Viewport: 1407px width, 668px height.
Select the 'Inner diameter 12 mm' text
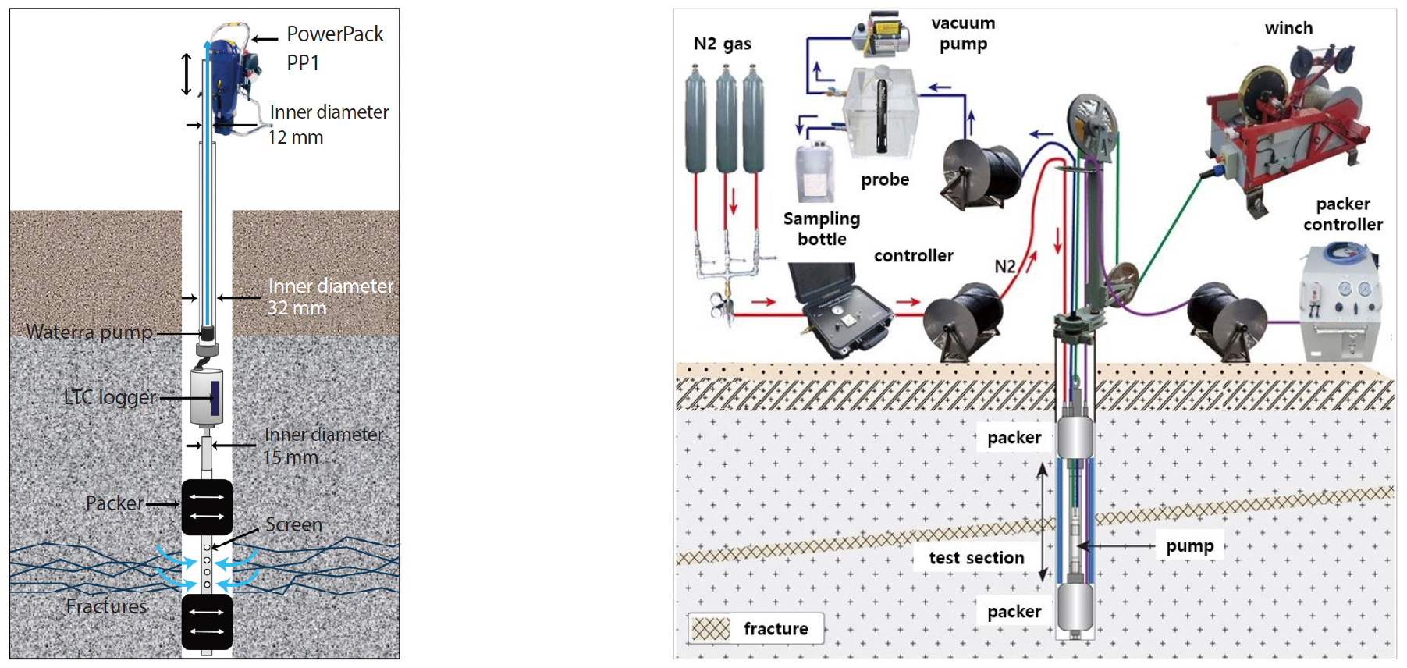click(x=328, y=124)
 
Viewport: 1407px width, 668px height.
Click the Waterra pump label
click(x=89, y=332)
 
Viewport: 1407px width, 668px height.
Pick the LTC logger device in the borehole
click(x=207, y=396)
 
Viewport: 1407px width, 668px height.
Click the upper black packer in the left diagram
click(x=207, y=506)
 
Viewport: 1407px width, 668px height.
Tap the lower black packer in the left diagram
click(x=207, y=621)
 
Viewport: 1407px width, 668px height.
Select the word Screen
click(x=293, y=524)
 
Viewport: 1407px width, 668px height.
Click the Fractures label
click(x=106, y=606)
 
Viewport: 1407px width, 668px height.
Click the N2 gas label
click(x=722, y=44)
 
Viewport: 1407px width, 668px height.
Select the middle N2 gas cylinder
click(x=727, y=121)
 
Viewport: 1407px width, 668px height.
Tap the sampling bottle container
click(x=815, y=172)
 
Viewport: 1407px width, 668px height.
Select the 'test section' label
click(x=976, y=557)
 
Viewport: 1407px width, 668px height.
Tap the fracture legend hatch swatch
click(x=711, y=629)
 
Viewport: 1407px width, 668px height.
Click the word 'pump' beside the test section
click(x=1189, y=545)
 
